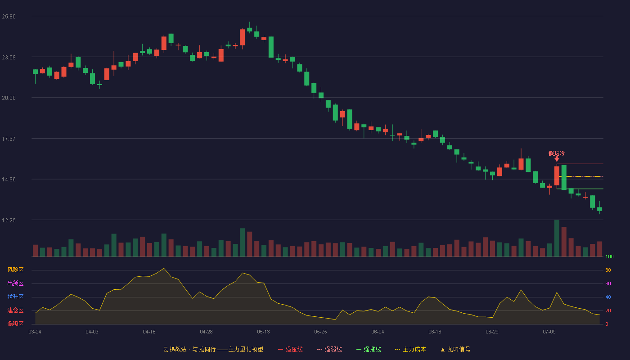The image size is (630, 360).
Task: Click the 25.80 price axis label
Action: click(x=9, y=17)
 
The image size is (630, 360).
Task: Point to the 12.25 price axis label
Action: click(x=9, y=220)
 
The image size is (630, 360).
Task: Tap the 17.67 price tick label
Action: click(x=9, y=139)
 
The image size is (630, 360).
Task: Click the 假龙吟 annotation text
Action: click(x=556, y=153)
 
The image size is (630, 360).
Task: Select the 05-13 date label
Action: click(x=263, y=332)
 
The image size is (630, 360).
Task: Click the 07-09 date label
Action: click(x=549, y=332)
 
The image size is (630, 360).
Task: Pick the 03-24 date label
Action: click(x=35, y=332)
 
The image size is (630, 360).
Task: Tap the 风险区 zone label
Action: click(x=15, y=270)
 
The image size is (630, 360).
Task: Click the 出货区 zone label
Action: click(x=15, y=283)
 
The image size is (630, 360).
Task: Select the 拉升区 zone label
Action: click(x=15, y=297)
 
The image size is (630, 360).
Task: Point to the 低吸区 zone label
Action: click(x=15, y=324)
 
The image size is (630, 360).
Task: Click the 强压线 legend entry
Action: click(x=290, y=349)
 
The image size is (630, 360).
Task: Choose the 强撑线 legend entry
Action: click(x=369, y=349)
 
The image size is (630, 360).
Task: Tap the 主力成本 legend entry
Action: click(x=410, y=349)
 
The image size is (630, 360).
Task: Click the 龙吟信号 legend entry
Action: click(x=455, y=349)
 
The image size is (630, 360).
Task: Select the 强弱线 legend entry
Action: click(x=329, y=349)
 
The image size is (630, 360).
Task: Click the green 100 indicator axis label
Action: click(x=609, y=256)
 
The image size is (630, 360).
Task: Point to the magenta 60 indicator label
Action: click(x=608, y=283)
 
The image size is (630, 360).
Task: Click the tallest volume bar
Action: click(x=557, y=238)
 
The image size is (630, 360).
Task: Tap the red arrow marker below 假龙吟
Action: click(x=557, y=159)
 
